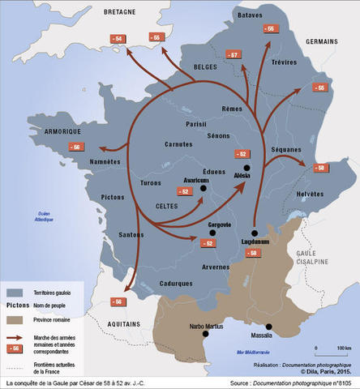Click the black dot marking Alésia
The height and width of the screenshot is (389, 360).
(247, 166)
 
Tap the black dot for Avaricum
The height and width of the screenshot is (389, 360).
(204, 188)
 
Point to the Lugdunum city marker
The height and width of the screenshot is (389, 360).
(254, 231)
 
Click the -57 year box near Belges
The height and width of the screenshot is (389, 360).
(233, 55)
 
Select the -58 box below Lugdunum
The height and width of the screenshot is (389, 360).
(254, 253)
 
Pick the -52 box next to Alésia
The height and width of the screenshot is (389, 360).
(242, 153)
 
